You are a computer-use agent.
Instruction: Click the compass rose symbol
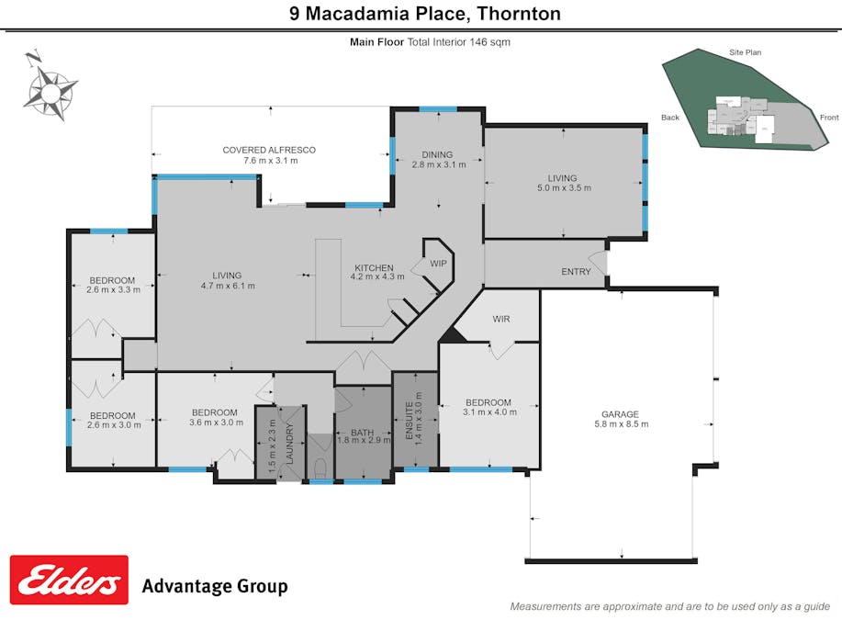pyautogui.click(x=51, y=89)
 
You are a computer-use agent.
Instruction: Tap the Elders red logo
pyautogui.click(x=69, y=580)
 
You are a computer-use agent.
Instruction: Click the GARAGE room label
pyautogui.click(x=622, y=414)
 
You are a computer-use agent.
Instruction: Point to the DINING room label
pyautogui.click(x=438, y=154)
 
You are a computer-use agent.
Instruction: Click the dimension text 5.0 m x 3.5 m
pyautogui.click(x=563, y=188)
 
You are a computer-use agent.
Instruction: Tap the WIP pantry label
pyautogui.click(x=438, y=264)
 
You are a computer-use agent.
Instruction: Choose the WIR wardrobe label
pyautogui.click(x=501, y=319)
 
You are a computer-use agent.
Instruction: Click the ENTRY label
pyautogui.click(x=577, y=271)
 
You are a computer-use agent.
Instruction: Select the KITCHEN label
pyautogui.click(x=374, y=268)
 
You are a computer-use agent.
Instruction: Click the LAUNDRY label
pyautogui.click(x=289, y=441)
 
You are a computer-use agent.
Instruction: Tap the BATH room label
pyautogui.click(x=361, y=432)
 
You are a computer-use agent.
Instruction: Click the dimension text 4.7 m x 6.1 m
pyautogui.click(x=227, y=286)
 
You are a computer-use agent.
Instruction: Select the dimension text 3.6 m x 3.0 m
pyautogui.click(x=215, y=423)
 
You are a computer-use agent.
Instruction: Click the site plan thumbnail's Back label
pyautogui.click(x=670, y=118)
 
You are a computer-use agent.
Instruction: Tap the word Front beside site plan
pyautogui.click(x=829, y=118)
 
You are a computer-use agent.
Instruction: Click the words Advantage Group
pyautogui.click(x=214, y=586)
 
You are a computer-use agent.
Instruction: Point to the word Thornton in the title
pyautogui.click(x=517, y=14)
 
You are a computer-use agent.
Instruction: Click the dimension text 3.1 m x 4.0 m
pyautogui.click(x=488, y=412)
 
